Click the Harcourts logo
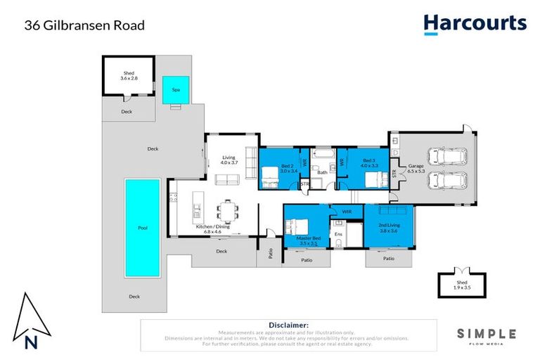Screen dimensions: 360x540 coord(475,24)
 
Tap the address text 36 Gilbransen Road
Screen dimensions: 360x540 coord(84,25)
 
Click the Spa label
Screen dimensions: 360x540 coord(176,90)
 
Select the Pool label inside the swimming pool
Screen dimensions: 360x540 coord(143,228)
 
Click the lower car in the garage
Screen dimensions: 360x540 coord(447,180)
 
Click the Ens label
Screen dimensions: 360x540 coord(338,233)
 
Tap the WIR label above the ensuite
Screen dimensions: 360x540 coord(346,211)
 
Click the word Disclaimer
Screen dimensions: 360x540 coord(288,325)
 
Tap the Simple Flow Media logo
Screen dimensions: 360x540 coord(487,336)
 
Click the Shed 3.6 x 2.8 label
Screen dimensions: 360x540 coord(129,75)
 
